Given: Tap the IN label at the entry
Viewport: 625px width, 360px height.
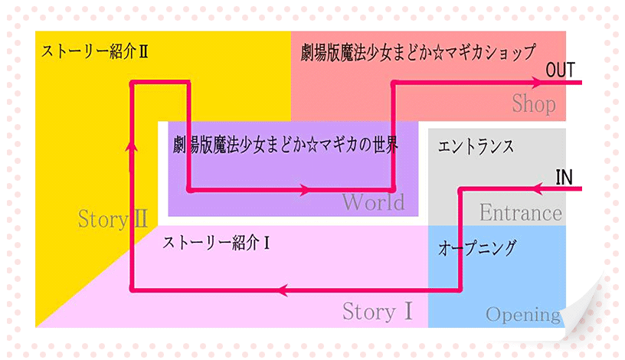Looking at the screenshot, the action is pos(564,177).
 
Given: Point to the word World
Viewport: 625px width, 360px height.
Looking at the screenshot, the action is pos(373,202).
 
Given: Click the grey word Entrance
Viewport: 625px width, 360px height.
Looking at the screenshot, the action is pos(521,212).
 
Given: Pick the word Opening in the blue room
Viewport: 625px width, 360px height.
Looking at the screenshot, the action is pos(522,314).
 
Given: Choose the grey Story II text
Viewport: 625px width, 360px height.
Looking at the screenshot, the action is pos(113,219).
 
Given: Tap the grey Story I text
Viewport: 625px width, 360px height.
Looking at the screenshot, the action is pos(378,312).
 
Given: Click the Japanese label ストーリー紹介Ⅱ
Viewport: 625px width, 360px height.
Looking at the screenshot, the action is pos(94,51).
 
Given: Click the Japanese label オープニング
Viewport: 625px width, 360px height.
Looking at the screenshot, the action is pos(477,247).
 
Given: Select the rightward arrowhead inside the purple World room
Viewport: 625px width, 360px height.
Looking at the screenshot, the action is pos(308,190).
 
